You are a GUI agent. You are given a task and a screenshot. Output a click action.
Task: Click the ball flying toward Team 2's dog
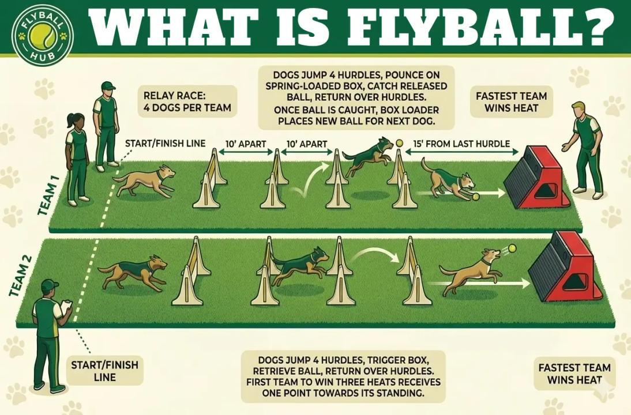click(x=512, y=248)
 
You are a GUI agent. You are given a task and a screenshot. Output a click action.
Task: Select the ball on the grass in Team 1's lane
click(x=476, y=197)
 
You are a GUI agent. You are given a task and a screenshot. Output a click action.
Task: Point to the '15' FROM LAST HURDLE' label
click(x=461, y=144)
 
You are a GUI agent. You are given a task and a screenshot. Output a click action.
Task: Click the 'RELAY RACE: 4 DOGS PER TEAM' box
click(x=187, y=101)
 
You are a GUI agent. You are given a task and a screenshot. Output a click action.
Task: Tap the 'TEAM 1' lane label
click(x=48, y=195)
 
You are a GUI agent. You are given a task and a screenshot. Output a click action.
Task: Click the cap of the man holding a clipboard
click(x=50, y=285)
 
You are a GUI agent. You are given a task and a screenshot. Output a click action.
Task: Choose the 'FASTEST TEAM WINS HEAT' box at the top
click(x=511, y=102)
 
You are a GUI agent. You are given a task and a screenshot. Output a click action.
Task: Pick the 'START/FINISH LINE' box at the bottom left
click(x=104, y=371)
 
